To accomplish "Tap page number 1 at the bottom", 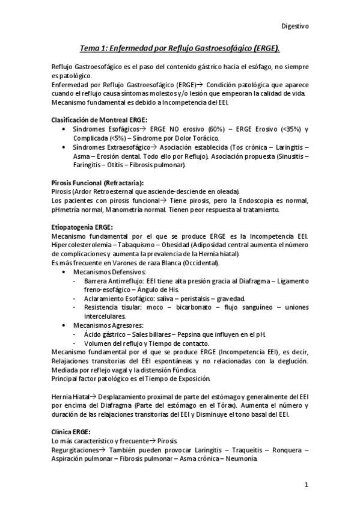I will click(306, 485).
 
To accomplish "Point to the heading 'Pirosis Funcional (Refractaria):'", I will click(98, 182).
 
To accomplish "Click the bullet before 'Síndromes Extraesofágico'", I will click(64, 147).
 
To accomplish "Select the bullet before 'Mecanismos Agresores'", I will click(64, 325).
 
